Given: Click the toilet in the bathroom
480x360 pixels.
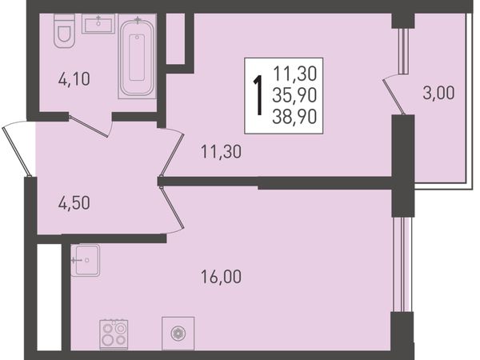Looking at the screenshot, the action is (x=64, y=30).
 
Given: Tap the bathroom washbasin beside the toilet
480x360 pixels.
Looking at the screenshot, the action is (x=98, y=23).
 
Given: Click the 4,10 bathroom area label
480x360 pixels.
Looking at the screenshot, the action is (x=74, y=79).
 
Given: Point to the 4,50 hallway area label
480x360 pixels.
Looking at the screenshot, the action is (x=74, y=202).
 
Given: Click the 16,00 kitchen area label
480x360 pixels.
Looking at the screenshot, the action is (x=221, y=277).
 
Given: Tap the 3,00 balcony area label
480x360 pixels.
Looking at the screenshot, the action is (x=438, y=93).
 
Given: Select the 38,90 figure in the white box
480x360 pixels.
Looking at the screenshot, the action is (x=294, y=117).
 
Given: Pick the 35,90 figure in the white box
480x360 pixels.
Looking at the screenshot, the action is (x=294, y=95).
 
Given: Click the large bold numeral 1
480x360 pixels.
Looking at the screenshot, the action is (x=258, y=95).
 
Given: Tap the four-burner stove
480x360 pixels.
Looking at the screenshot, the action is (x=114, y=334).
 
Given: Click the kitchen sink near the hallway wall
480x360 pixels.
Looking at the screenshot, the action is (x=86, y=260).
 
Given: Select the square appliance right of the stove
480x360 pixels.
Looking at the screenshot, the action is (x=178, y=333).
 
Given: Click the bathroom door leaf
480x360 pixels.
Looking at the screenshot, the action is (x=88, y=126).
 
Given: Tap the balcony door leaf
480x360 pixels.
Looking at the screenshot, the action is (x=394, y=97).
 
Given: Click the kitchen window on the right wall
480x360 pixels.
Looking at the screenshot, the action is (x=402, y=265).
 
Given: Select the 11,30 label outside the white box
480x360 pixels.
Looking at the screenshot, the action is (x=221, y=151).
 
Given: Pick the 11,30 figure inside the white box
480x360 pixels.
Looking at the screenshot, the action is (x=294, y=74).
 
